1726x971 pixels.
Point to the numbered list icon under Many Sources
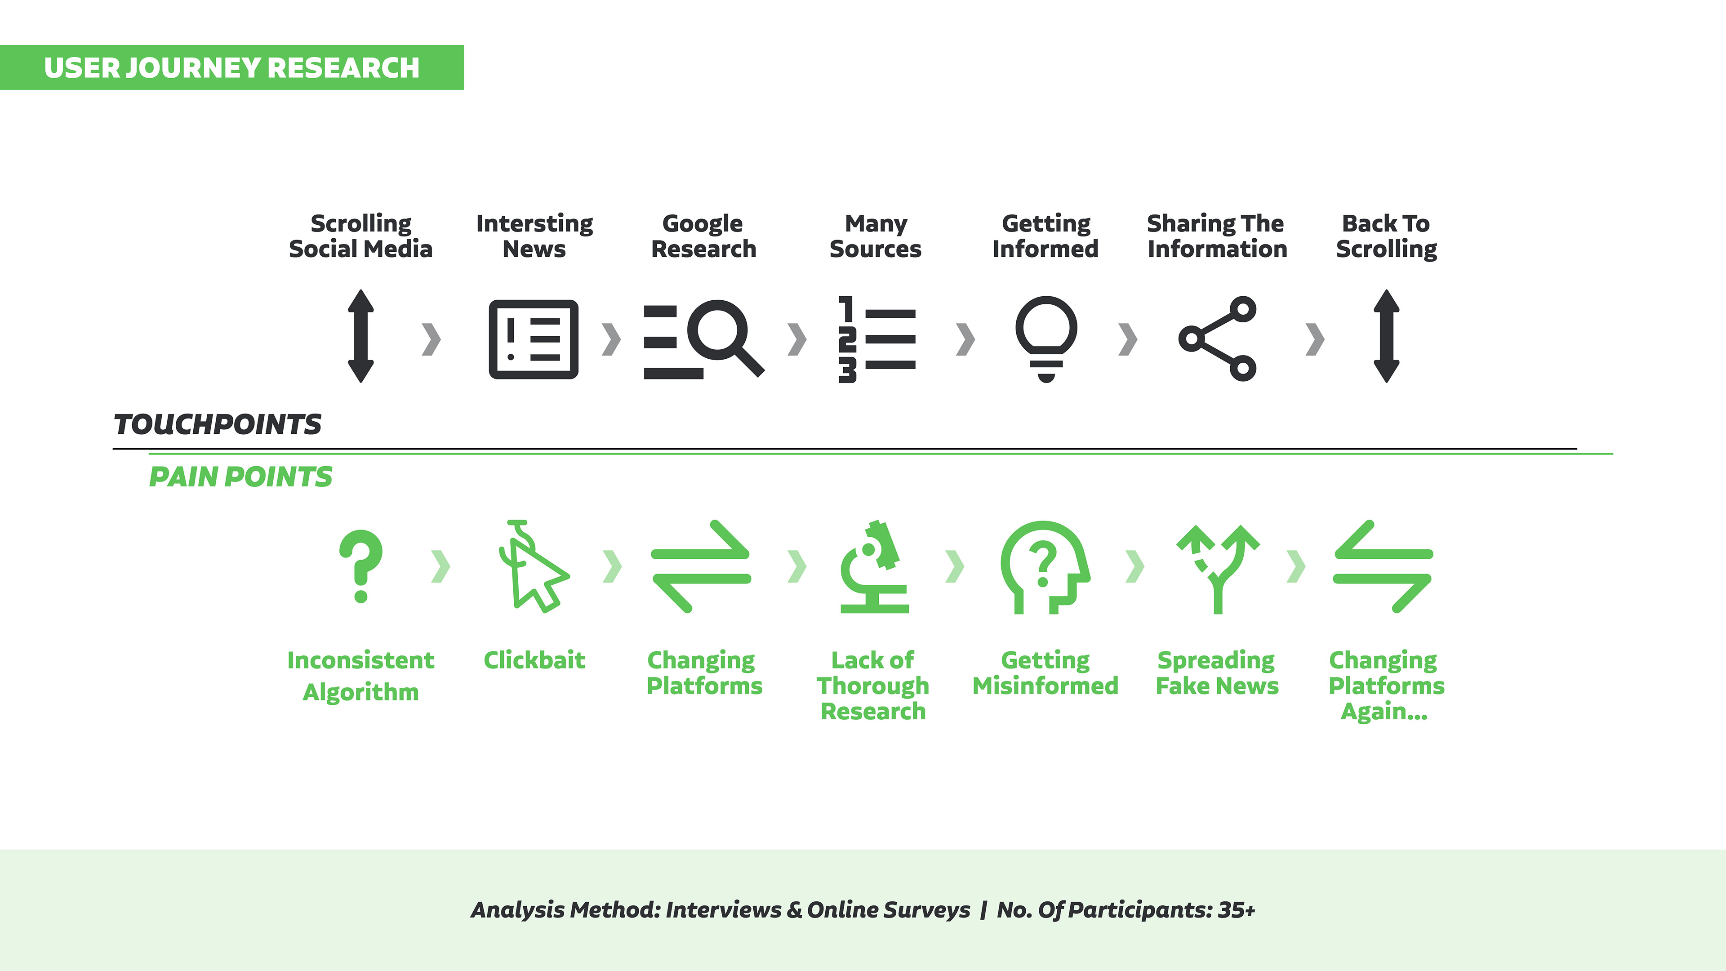coord(876,339)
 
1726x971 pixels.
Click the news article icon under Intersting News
coord(534,339)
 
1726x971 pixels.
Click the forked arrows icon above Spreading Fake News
coord(1218,568)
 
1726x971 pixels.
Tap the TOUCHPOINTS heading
coord(218,424)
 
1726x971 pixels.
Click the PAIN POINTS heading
coord(240,477)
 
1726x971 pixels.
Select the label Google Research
coord(703,236)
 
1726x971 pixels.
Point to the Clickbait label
coord(534,660)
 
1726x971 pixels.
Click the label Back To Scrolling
coord(1386,236)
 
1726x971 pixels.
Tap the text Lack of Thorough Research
coord(873,686)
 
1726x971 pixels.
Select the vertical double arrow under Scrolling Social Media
coord(360,336)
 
